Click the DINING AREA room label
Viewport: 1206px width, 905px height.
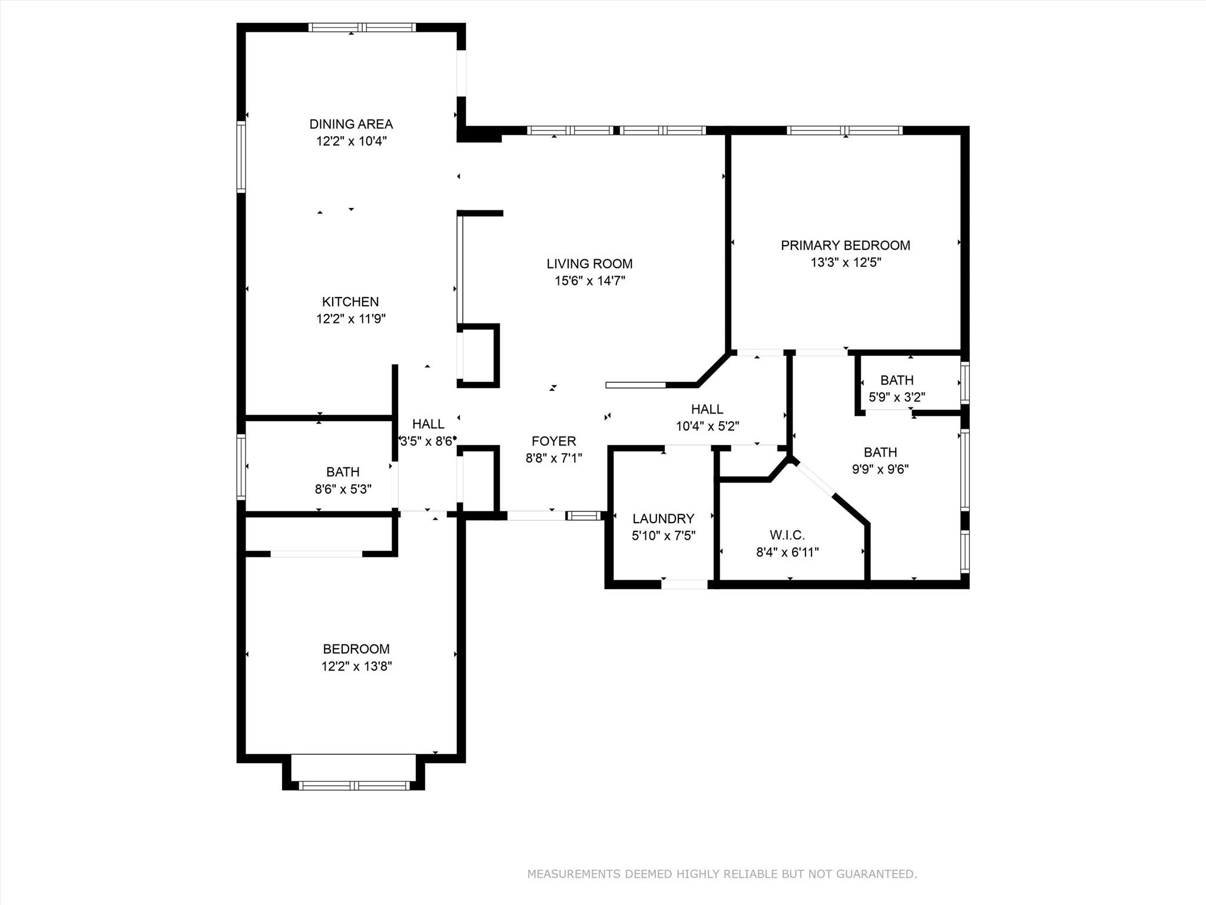pos(351,124)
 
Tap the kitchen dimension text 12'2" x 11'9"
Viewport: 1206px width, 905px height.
pos(351,319)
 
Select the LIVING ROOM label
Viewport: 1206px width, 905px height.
pos(589,264)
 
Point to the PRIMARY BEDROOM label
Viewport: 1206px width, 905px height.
pos(845,245)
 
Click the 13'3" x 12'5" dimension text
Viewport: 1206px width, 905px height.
pos(845,262)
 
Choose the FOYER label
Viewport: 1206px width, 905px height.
pos(554,441)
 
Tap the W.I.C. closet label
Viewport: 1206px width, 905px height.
pos(787,535)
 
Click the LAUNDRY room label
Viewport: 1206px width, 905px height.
pos(663,518)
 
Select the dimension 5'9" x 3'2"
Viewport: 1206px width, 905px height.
pos(897,397)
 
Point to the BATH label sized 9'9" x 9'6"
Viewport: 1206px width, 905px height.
pos(880,452)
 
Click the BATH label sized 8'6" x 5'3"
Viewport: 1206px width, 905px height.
pos(343,472)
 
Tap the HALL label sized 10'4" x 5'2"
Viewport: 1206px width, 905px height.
pos(707,409)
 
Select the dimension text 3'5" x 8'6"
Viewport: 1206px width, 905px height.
pos(428,441)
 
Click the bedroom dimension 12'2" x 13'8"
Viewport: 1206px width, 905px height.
pos(356,666)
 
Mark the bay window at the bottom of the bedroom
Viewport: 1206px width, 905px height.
pos(353,785)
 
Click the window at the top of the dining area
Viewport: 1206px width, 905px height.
pos(362,27)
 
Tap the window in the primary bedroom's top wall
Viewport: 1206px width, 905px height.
pos(844,130)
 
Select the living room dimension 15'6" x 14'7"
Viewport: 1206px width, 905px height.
pos(589,281)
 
